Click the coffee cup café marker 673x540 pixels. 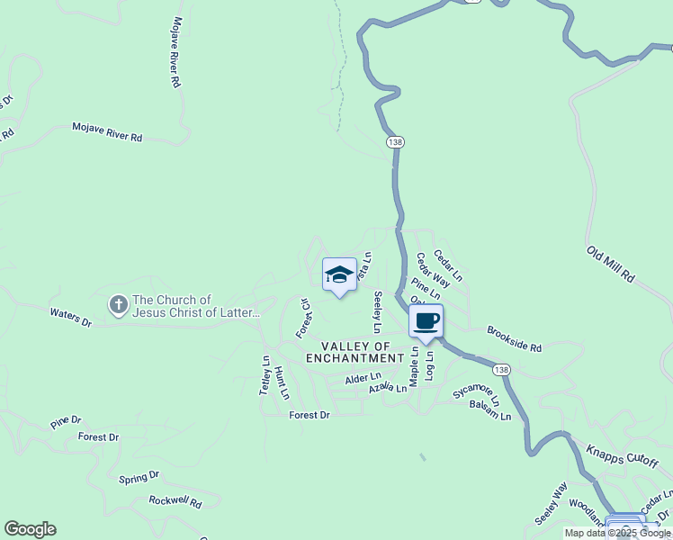426,321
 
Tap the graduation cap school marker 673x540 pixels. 339,274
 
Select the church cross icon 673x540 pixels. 118,305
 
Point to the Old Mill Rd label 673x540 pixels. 612,265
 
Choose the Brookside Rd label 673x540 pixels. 515,339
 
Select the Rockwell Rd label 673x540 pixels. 175,501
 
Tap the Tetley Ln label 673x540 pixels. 265,375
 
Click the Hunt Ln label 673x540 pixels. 282,382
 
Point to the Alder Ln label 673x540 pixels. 363,380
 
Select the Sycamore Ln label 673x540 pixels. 475,393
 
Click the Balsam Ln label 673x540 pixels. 489,410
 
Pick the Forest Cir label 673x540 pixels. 303,319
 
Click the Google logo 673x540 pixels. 30,529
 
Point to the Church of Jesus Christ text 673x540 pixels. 196,307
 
